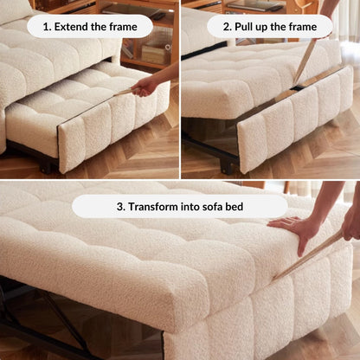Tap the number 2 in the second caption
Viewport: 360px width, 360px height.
(x=227, y=27)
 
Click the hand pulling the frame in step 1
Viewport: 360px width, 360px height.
(x=145, y=87)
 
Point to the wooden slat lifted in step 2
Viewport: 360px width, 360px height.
(x=304, y=61)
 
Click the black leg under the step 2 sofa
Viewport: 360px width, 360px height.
(x=228, y=164)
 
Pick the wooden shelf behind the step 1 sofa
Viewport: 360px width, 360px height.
(x=143, y=52)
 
